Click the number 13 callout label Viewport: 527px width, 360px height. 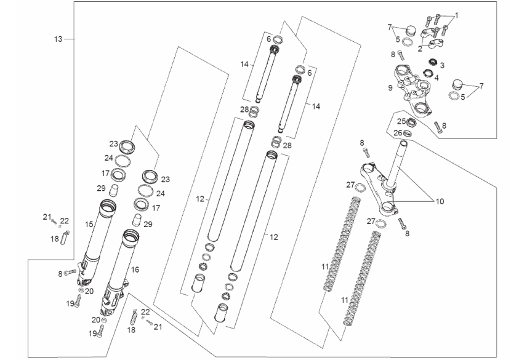pos(58,39)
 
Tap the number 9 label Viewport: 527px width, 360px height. pos(390,88)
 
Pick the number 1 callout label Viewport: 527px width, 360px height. pos(457,14)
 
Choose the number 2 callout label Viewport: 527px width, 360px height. pos(419,47)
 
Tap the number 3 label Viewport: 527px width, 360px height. pos(442,65)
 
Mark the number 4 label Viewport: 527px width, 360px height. pos(436,78)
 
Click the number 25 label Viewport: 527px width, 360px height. pos(400,121)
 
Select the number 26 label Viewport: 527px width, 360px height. pos(398,133)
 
